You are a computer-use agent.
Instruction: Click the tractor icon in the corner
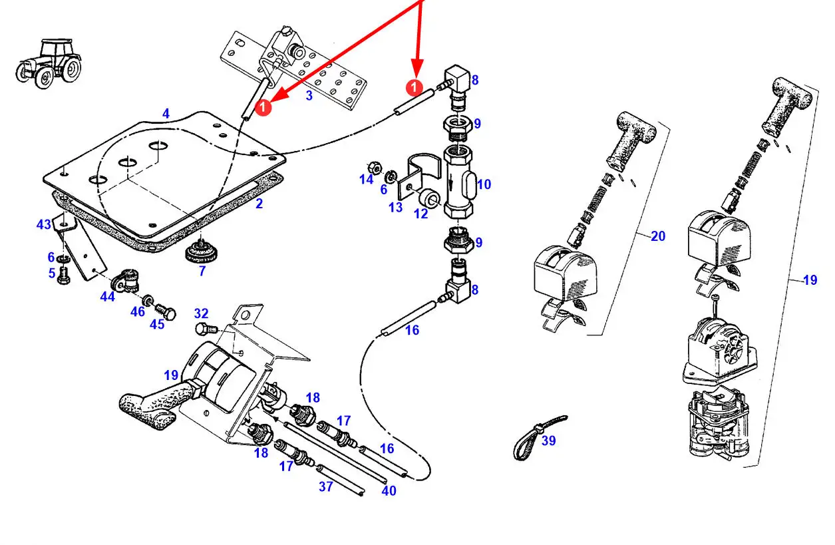click(49, 63)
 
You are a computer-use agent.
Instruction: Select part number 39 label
click(548, 441)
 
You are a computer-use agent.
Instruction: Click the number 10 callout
click(484, 184)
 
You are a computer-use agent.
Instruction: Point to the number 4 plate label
click(166, 113)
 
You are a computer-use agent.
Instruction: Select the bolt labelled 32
click(206, 329)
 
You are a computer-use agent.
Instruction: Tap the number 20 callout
click(658, 236)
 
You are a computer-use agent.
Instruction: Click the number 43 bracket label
click(44, 224)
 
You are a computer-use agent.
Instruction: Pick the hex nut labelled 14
click(375, 168)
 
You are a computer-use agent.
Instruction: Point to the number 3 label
click(309, 95)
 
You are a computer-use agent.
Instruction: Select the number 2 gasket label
click(259, 204)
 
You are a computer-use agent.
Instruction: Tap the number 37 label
click(326, 486)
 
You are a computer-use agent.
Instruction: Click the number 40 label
click(389, 490)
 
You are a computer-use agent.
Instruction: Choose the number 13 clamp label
click(395, 207)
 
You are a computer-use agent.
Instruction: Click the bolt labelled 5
click(64, 276)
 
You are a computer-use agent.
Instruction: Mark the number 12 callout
click(421, 214)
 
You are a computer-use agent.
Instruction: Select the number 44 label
click(107, 296)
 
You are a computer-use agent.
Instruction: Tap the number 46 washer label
click(138, 311)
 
